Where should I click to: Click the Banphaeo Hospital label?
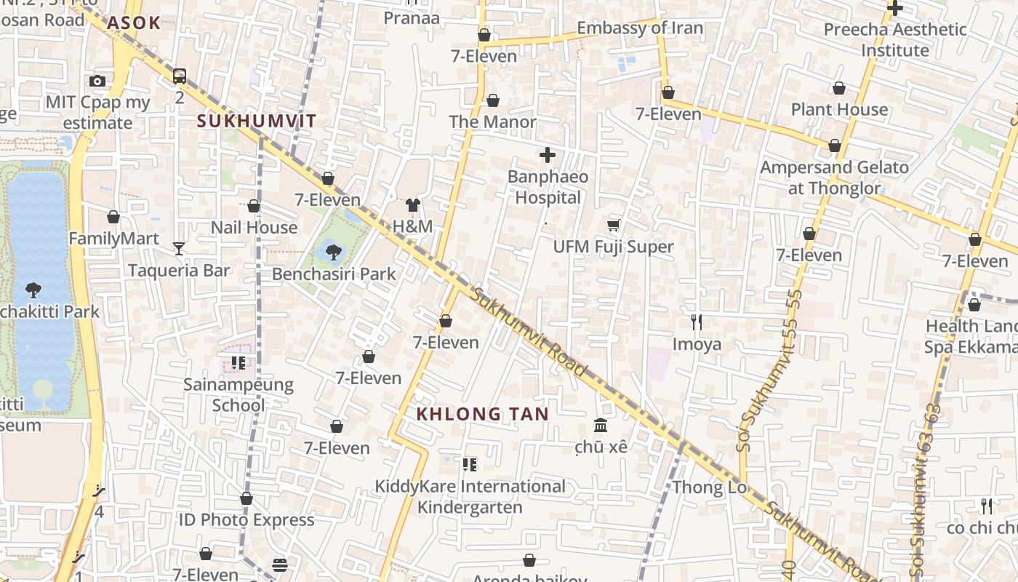tap(548, 187)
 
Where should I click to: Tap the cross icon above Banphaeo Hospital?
tap(548, 155)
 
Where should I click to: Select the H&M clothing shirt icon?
tap(413, 205)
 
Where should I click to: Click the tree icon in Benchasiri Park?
tap(334, 252)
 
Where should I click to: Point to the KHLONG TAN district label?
tap(482, 414)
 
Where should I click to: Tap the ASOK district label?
tap(134, 23)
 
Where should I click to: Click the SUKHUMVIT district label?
tap(257, 121)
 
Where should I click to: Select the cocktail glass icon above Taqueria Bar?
tap(179, 249)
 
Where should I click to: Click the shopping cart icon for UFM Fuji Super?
tap(613, 226)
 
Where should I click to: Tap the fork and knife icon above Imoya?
tap(697, 322)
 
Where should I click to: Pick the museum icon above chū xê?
tap(601, 425)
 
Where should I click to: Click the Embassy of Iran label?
tap(640, 28)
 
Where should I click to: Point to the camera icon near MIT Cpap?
tap(97, 81)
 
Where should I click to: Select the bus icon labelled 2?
tap(179, 76)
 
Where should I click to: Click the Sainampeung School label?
tap(239, 395)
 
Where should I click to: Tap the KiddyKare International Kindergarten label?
tap(470, 496)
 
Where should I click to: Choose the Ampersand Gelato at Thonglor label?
tap(834, 178)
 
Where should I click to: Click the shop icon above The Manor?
tap(493, 100)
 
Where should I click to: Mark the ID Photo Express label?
tap(247, 520)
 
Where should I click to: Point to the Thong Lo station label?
tap(710, 487)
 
